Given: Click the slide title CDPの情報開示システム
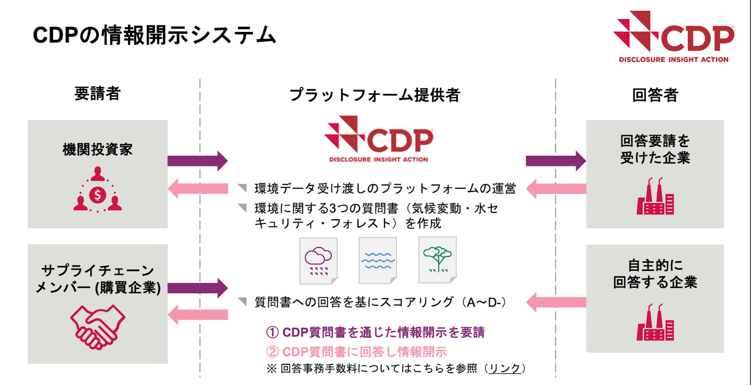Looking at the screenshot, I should click(154, 35).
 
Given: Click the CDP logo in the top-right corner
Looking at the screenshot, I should click(674, 37).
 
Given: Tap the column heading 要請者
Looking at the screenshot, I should click(98, 93).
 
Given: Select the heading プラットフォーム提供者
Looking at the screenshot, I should click(375, 95).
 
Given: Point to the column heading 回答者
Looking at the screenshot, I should click(655, 95).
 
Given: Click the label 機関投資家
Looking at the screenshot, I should click(98, 149).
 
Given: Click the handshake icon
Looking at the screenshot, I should click(98, 327).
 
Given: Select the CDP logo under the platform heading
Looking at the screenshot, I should click(378, 139).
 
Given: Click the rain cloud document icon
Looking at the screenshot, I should click(319, 261).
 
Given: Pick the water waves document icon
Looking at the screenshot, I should click(378, 261).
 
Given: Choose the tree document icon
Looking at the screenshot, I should click(437, 261).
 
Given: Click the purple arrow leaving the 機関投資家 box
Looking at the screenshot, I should click(197, 161).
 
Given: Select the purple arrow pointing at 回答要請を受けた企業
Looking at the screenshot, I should click(556, 161).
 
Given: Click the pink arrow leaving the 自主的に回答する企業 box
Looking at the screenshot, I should click(556, 302).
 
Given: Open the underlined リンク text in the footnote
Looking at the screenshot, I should click(505, 369).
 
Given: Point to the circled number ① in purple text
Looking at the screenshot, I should click(273, 332).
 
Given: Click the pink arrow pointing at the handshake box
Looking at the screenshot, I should click(197, 315).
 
